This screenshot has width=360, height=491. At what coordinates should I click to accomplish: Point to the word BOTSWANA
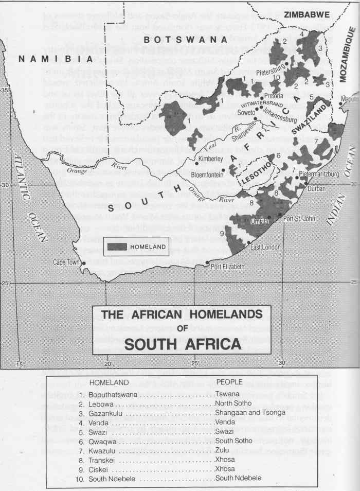coord(186,40)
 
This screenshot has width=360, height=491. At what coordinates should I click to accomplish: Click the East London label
coord(264,247)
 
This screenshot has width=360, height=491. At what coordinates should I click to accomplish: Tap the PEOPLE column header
coord(232,383)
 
